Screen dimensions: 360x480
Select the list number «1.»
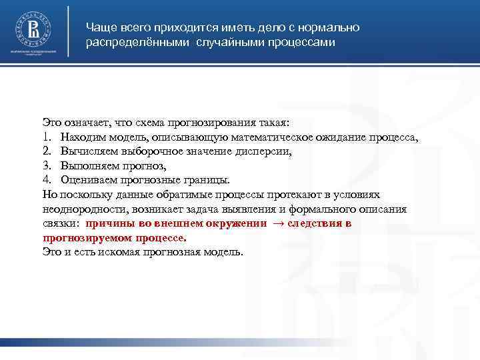tap(47, 138)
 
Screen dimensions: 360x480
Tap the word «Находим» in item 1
tap(83, 138)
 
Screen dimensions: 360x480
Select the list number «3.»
tap(47, 165)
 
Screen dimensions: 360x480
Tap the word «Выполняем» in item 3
tap(88, 165)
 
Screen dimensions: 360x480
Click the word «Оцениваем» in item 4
tap(88, 179)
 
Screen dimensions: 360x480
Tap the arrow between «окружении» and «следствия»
tap(278, 223)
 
